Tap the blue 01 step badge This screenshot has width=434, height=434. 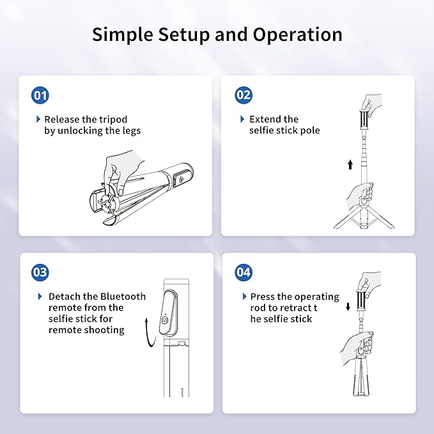(x=40, y=96)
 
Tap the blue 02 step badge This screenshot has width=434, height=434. (x=244, y=96)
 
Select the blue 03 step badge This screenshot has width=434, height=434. (x=40, y=272)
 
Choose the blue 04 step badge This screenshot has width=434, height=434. (x=244, y=272)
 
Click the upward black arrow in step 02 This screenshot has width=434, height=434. (x=350, y=165)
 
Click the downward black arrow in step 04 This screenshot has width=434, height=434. (x=348, y=306)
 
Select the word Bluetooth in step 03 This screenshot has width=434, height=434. (x=121, y=297)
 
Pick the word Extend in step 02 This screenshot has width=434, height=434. (x=265, y=120)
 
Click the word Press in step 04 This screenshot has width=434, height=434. (x=263, y=297)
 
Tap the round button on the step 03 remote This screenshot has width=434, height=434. (x=166, y=321)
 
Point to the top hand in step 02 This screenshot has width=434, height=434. (x=371, y=102)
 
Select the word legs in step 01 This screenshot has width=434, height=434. (x=129, y=131)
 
